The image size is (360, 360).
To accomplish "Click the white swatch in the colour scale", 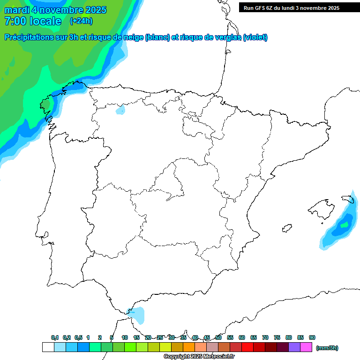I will click(x=48, y=347).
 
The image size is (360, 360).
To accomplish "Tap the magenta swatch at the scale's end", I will click(x=306, y=347).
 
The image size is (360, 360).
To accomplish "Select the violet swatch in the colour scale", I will click(x=294, y=347).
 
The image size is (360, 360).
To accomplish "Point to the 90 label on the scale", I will click(x=312, y=337).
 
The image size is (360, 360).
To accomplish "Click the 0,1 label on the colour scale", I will click(x=55, y=337).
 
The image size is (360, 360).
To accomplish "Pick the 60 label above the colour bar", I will click(x=242, y=337).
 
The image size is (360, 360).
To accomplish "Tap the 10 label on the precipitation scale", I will click(x=125, y=337).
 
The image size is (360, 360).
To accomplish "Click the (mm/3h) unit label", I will click(x=327, y=348).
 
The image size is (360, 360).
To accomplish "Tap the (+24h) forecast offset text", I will click(x=81, y=21).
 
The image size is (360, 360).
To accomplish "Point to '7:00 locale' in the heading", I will click(x=33, y=21).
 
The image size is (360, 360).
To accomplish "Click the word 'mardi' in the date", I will click(x=16, y=10).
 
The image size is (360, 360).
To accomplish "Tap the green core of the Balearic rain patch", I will click(x=345, y=225).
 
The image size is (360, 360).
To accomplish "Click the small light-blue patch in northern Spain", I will click(x=121, y=111).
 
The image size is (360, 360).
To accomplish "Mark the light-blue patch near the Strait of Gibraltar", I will click(x=138, y=315).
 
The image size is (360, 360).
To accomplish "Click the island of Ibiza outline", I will click(x=287, y=228).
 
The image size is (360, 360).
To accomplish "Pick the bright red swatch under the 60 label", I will click(x=247, y=347).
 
